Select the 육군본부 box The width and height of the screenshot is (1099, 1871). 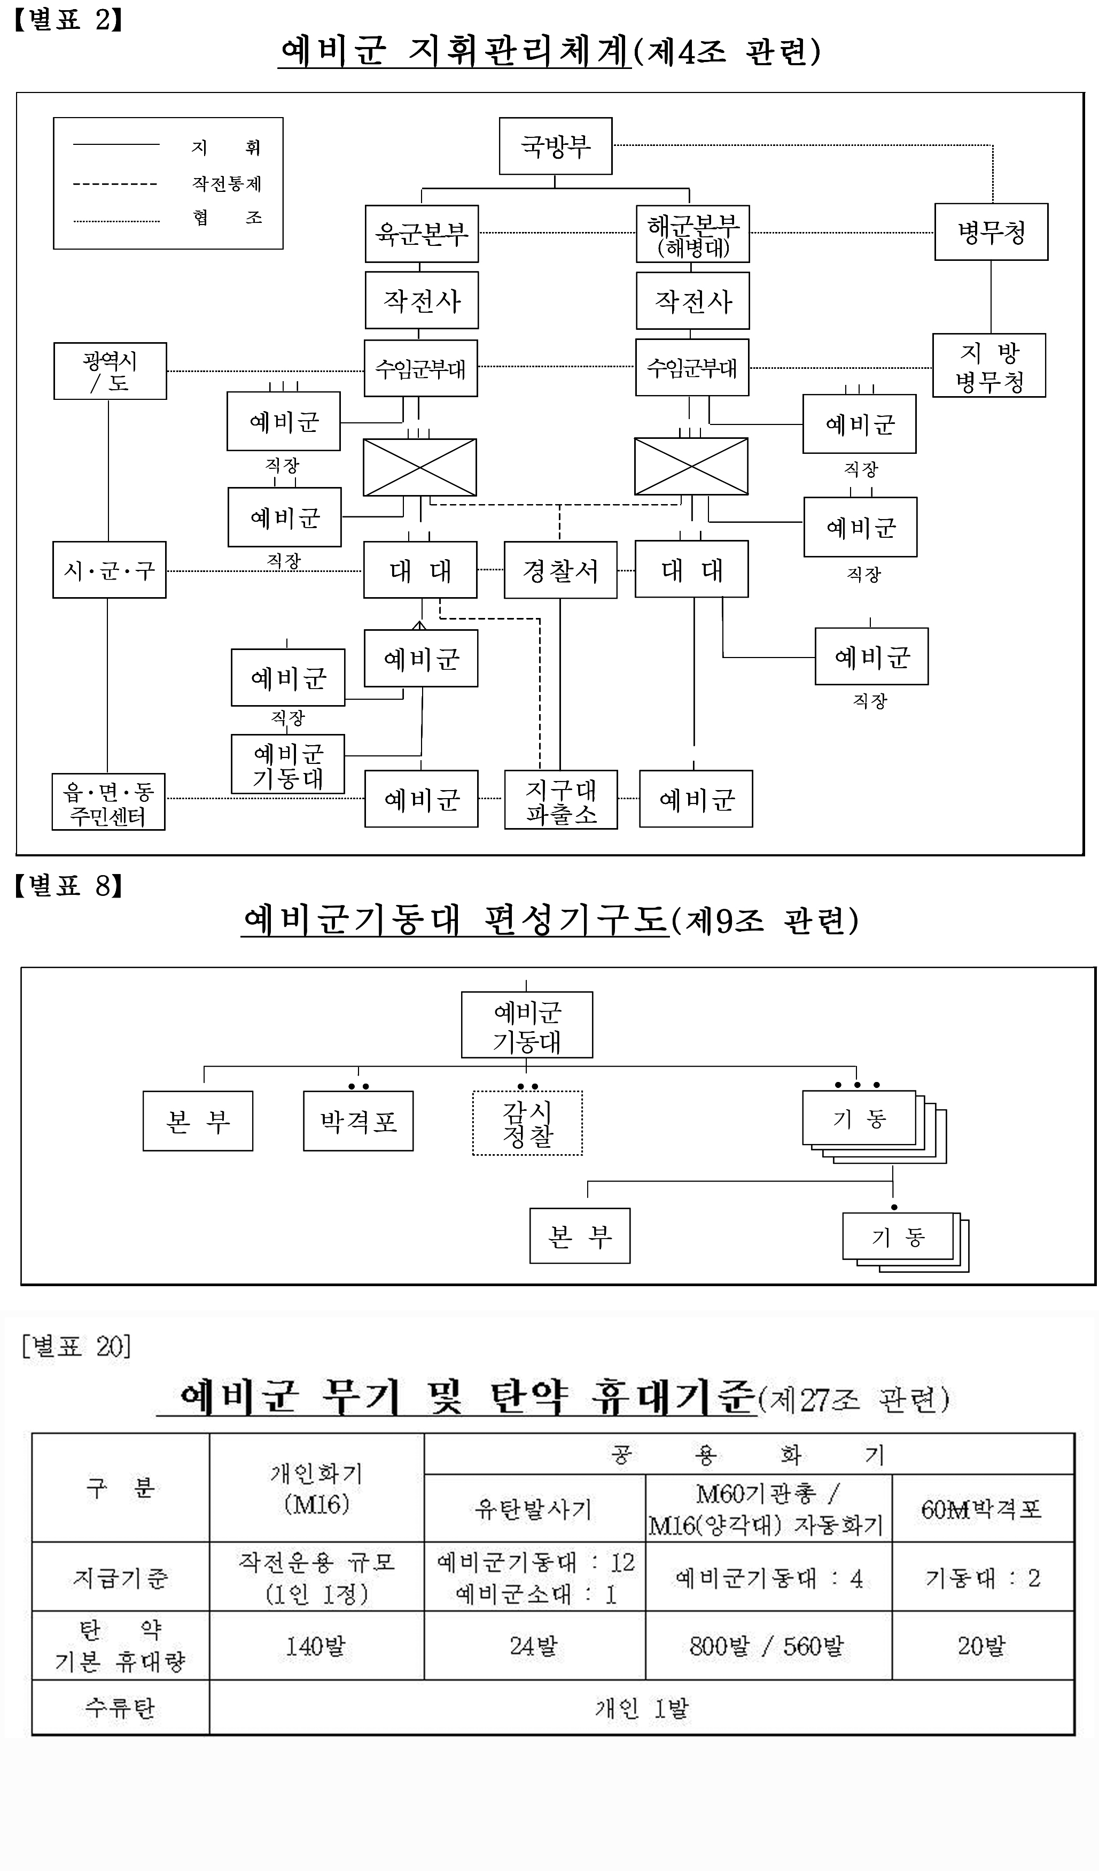click(x=422, y=234)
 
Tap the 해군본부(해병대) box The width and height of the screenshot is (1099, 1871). click(x=692, y=234)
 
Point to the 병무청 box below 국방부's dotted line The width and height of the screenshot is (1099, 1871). click(x=991, y=231)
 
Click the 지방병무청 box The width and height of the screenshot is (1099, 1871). click(x=988, y=365)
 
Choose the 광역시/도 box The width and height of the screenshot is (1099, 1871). click(x=110, y=371)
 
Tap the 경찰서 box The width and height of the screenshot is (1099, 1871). click(x=560, y=570)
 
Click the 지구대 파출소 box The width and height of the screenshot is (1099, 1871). click(x=560, y=800)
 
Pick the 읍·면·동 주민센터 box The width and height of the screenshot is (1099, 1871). click(x=108, y=802)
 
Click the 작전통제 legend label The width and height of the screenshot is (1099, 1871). click(x=227, y=183)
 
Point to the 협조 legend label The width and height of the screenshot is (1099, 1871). click(x=227, y=218)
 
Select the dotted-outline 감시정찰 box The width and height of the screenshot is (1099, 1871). click(x=528, y=1123)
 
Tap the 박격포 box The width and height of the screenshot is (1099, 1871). click(x=358, y=1120)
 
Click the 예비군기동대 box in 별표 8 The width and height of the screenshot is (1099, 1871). click(x=527, y=1025)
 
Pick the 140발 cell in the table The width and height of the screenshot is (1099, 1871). click(x=316, y=1646)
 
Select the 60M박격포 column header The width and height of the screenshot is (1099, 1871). click(x=982, y=1509)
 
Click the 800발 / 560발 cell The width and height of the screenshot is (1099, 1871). click(x=767, y=1646)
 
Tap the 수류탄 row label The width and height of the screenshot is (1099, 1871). click(x=120, y=1707)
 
